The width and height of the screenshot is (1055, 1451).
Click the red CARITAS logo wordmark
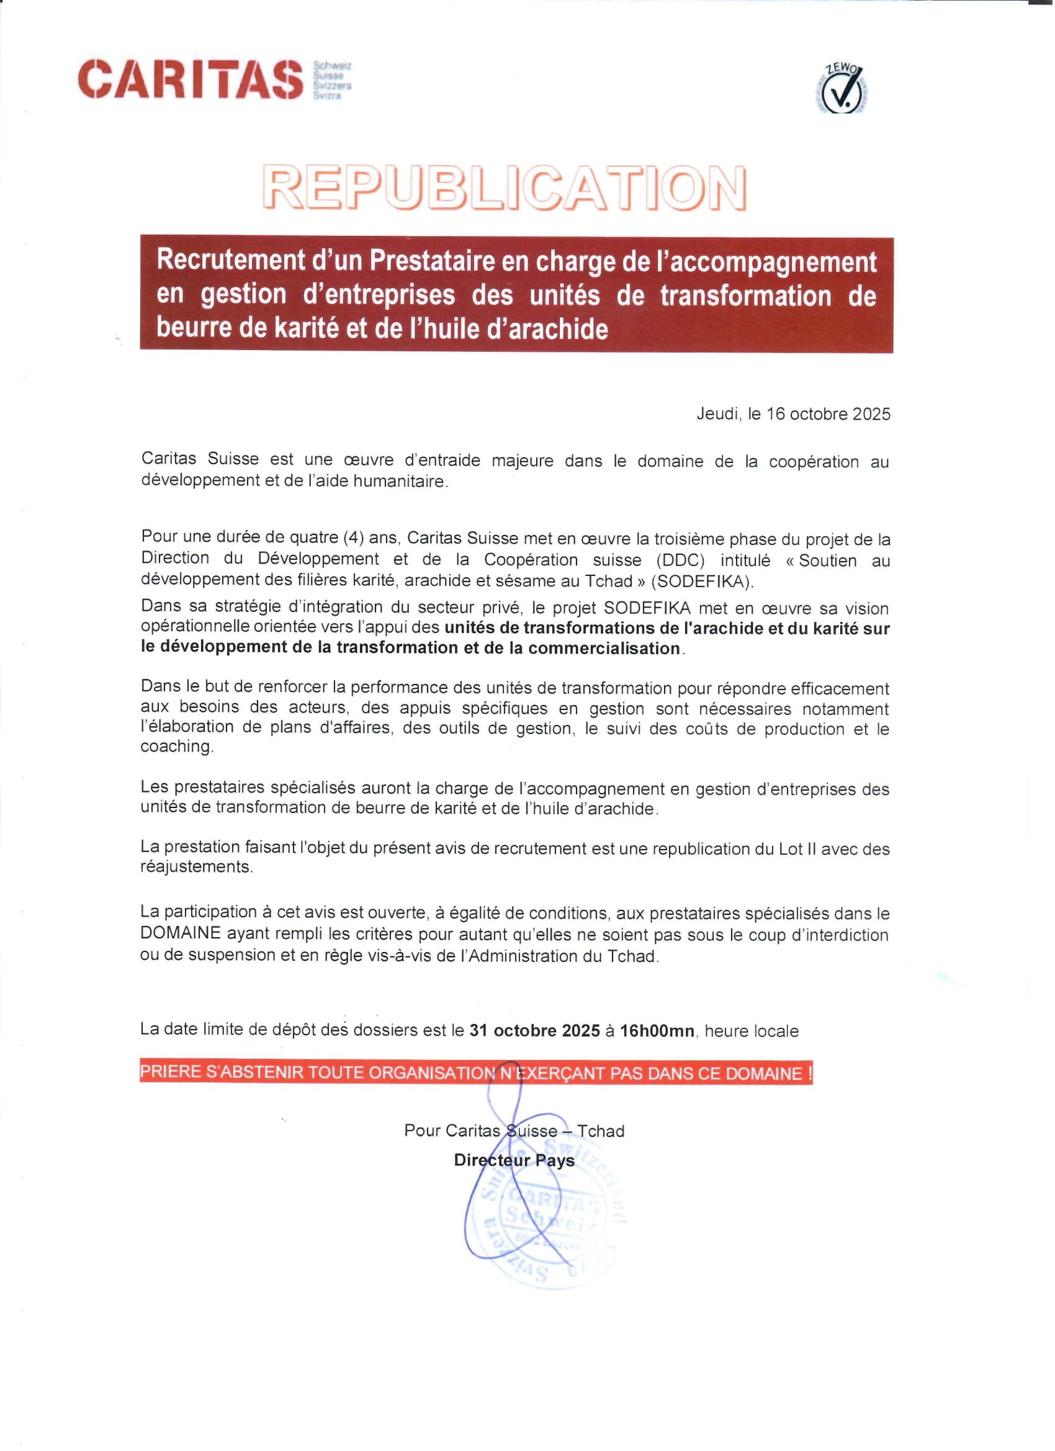click(x=190, y=79)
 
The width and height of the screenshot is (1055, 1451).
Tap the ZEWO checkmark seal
click(x=842, y=90)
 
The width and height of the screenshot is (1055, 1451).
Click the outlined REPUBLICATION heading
click(x=504, y=188)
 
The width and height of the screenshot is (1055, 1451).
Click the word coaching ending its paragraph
click(x=176, y=747)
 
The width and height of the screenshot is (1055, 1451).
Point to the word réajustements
click(x=195, y=868)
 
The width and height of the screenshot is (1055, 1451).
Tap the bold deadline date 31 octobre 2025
click(x=534, y=1031)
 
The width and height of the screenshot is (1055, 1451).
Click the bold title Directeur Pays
click(x=514, y=1161)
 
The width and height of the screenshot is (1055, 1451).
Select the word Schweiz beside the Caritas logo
click(x=332, y=66)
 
